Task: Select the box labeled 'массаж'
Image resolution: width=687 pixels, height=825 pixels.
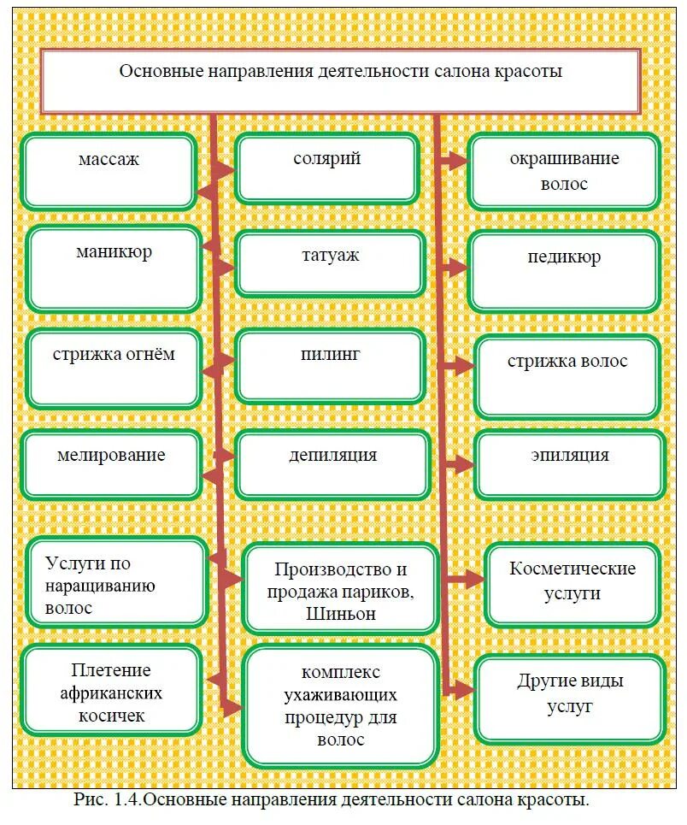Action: (x=109, y=171)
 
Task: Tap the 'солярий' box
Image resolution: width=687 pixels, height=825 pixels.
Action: (x=327, y=168)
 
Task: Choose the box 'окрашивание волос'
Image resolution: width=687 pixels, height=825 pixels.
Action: (x=564, y=171)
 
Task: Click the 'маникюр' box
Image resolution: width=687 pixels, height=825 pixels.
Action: (x=114, y=268)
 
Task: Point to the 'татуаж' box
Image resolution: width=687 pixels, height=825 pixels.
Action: (x=330, y=264)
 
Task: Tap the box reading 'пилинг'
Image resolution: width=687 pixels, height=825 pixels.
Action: (x=331, y=367)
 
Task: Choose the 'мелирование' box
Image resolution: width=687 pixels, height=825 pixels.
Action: (x=111, y=465)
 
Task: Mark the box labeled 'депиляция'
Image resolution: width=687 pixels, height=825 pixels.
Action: (x=332, y=464)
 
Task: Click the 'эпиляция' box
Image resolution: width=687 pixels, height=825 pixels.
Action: (x=569, y=464)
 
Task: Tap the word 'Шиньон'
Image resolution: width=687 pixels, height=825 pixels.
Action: (x=341, y=614)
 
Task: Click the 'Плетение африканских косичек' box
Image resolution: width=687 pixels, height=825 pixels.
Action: (x=111, y=691)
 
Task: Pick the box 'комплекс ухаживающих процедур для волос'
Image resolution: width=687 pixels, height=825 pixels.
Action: (x=340, y=707)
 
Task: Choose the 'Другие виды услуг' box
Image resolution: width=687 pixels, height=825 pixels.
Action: (x=569, y=698)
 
